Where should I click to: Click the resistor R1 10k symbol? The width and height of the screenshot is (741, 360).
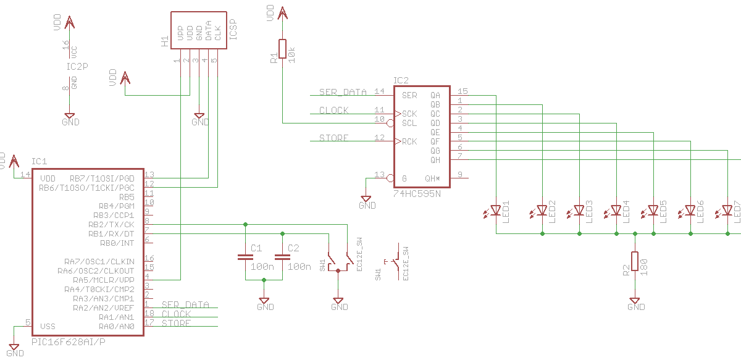pos(283,49)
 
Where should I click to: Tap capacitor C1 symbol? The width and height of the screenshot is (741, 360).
pos(246,258)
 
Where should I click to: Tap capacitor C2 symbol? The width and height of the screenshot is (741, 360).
pos(283,258)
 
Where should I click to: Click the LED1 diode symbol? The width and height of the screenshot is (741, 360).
pos(496,210)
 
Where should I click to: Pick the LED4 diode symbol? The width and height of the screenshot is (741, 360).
pos(616,210)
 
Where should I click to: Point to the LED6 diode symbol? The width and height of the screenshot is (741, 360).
pos(690,210)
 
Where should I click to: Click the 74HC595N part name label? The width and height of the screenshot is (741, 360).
pos(417,194)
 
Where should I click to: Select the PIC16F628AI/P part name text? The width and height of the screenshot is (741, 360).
pos(69,341)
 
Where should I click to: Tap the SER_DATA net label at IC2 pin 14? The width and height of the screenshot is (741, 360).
pos(343,92)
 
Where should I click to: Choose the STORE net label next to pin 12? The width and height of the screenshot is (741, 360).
pos(334,138)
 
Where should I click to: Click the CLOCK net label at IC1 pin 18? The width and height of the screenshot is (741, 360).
pos(176,314)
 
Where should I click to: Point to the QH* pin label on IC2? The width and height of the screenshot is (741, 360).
pos(432,178)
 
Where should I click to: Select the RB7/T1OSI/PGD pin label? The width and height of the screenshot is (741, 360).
pos(104,178)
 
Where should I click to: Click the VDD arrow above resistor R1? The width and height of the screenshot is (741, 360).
pos(283,14)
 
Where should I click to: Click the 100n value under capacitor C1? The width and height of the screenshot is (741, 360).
pos(262,267)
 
